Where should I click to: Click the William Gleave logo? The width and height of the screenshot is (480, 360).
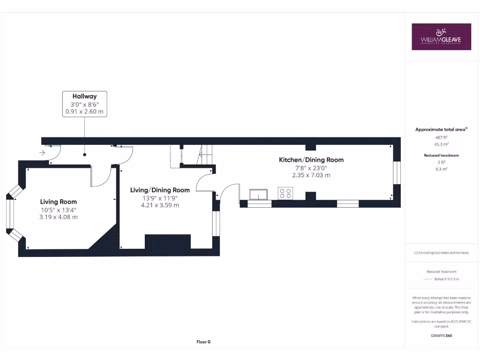[441, 37]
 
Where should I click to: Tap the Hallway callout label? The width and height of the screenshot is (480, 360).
[84, 104]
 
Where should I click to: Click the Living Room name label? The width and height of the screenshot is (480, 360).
[58, 202]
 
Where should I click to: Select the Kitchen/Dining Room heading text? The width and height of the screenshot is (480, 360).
[311, 160]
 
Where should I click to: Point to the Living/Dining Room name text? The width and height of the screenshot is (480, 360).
[160, 190]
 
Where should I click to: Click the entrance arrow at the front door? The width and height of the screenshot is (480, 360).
[42, 152]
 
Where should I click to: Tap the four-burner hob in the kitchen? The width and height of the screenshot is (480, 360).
[285, 193]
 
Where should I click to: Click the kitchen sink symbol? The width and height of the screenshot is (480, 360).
[259, 194]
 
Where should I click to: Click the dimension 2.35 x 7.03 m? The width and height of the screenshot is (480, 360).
[311, 175]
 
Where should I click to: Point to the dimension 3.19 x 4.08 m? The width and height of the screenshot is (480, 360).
[59, 217]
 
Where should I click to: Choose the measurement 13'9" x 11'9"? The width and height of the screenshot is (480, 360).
[160, 198]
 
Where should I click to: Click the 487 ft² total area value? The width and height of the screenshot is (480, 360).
[441, 137]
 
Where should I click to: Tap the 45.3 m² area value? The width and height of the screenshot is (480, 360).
[441, 144]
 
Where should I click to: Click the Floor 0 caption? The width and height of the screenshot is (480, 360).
[203, 342]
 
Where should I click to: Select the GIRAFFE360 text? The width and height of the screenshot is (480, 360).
[441, 336]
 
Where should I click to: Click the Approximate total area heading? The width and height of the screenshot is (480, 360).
[441, 129]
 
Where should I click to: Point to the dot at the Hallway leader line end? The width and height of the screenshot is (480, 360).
[84, 154]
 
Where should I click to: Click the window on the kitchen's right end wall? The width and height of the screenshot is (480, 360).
[397, 172]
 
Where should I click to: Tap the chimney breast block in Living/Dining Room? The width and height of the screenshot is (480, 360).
[168, 241]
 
